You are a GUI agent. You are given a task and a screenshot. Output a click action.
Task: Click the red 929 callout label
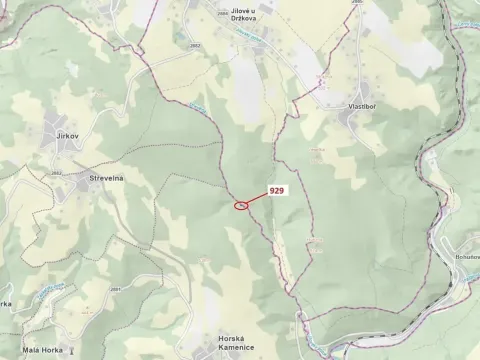click(x=277, y=189)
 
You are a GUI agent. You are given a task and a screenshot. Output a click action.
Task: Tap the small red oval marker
click(x=241, y=206)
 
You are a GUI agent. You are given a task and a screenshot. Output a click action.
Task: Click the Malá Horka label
click(x=44, y=350)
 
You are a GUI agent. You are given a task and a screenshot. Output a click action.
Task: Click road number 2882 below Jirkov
click(x=57, y=172)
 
